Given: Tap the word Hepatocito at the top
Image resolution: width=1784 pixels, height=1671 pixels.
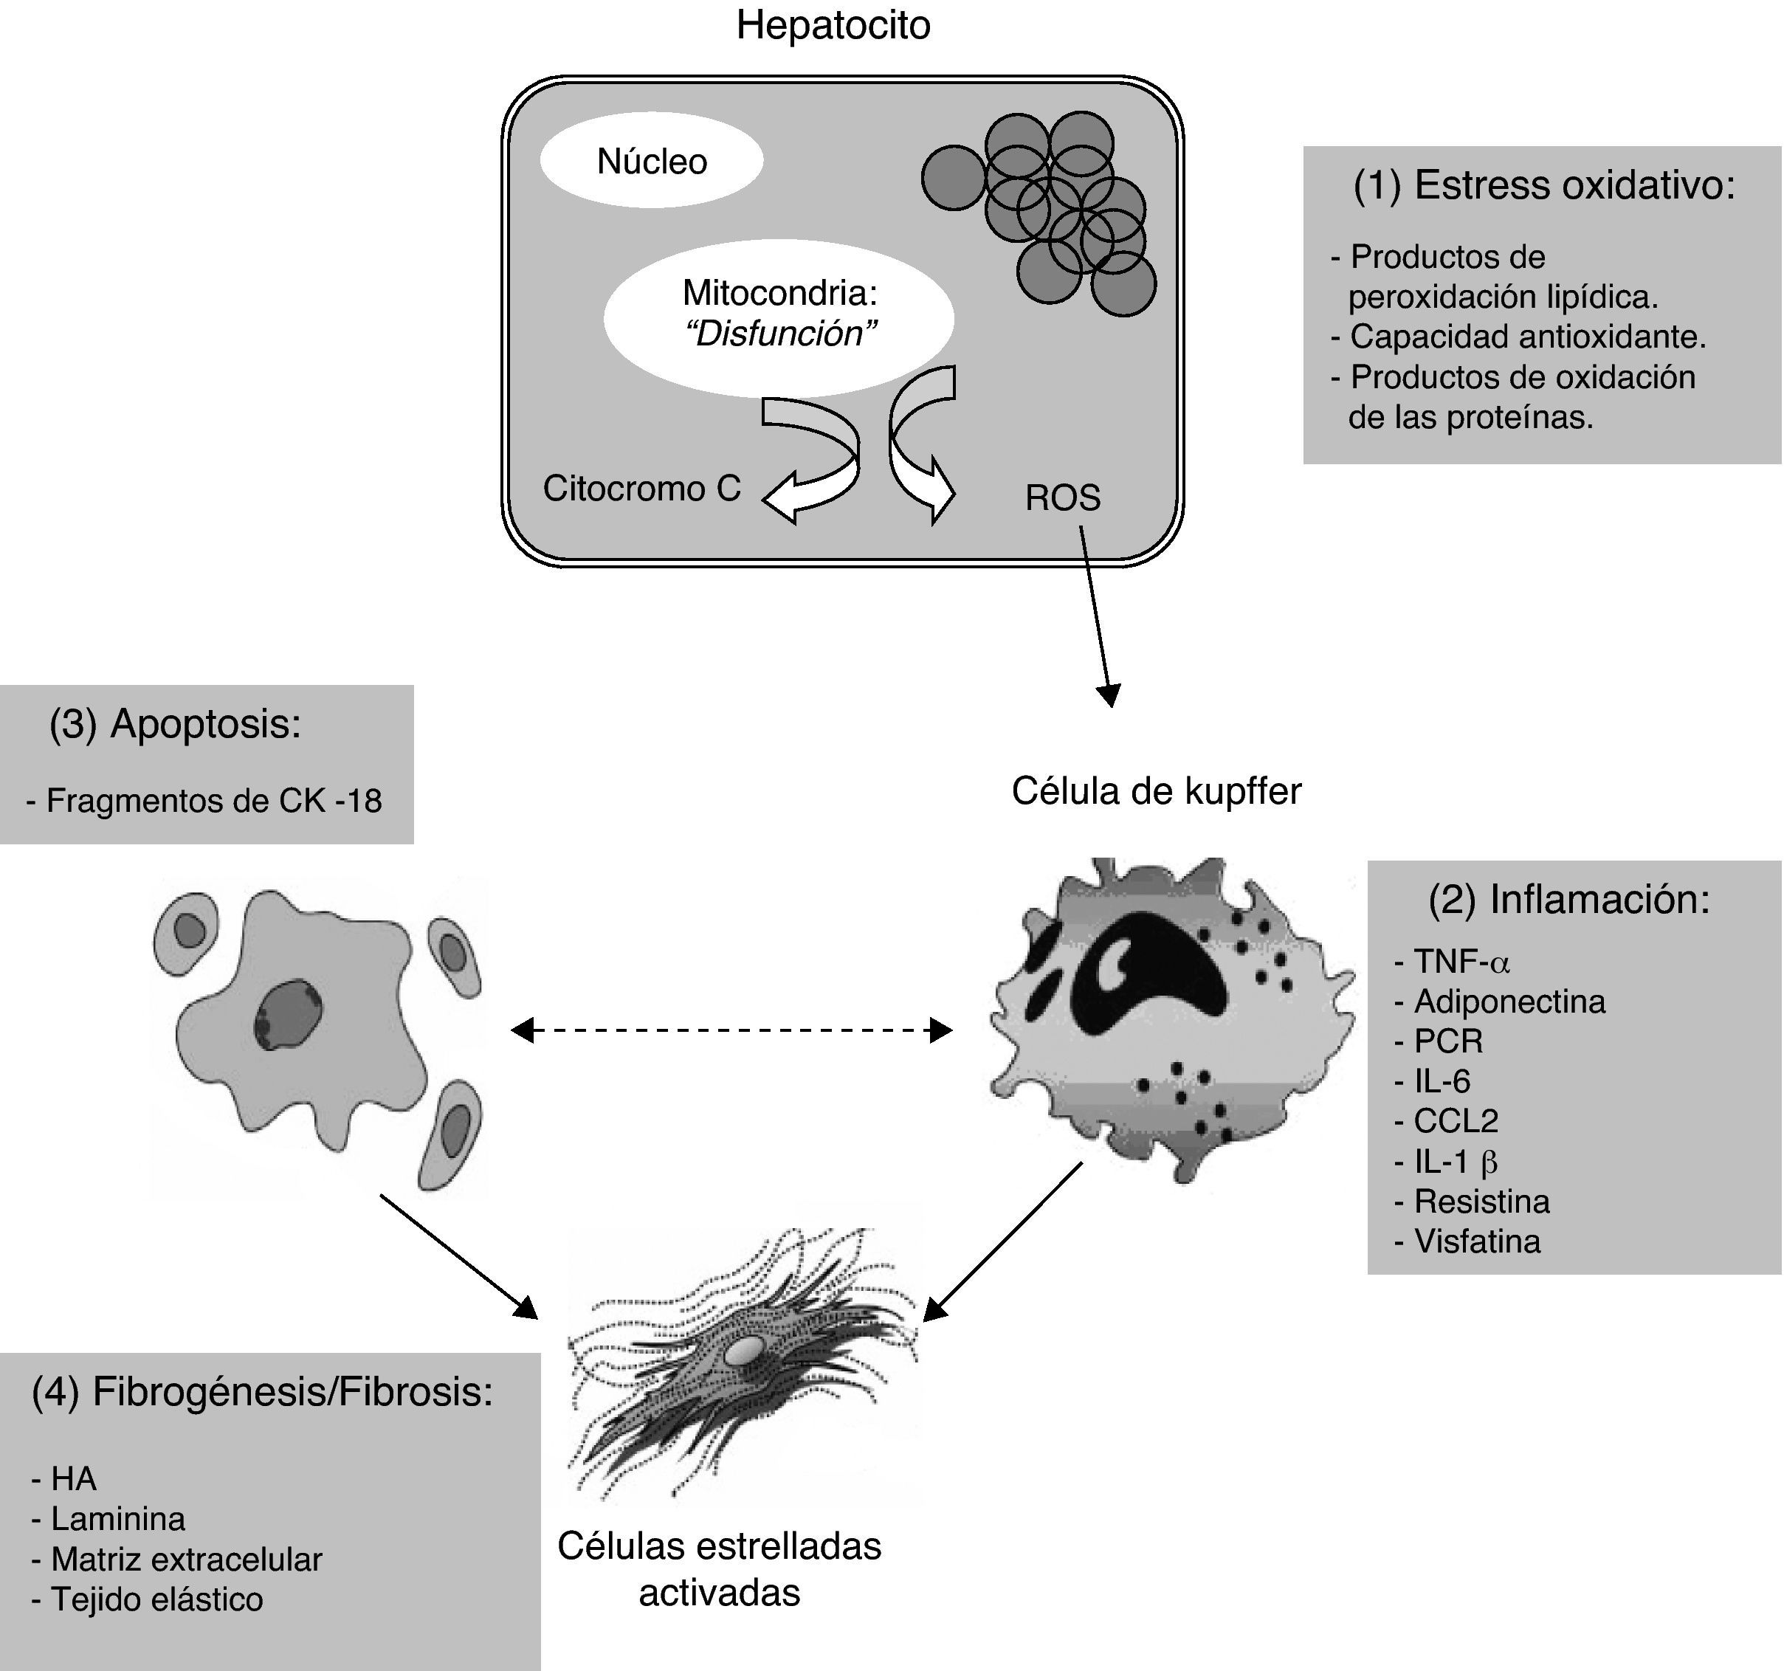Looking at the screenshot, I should pos(833,25).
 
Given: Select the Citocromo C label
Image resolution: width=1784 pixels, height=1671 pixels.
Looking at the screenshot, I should pos(641,488).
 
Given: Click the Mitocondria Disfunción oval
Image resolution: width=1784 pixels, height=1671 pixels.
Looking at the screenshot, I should pos(779,314).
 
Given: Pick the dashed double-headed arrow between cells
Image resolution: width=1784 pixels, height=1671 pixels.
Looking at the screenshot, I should pos(731,1030).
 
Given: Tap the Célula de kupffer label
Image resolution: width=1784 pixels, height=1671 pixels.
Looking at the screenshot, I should pos(1156,790).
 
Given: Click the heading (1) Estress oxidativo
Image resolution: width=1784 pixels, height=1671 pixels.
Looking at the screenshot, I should pos(1543,185).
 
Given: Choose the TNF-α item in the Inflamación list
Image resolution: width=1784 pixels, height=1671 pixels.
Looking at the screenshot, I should pos(1461,962).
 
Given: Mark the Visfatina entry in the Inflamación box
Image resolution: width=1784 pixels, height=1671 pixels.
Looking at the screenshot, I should pos(1476,1241).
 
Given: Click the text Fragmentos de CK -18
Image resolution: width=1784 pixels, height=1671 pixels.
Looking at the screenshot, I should pos(213,799).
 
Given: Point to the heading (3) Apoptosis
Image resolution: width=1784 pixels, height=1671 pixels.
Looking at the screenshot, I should pos(175,723).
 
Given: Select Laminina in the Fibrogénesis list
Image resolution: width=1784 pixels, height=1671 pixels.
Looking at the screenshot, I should pos(117,1518).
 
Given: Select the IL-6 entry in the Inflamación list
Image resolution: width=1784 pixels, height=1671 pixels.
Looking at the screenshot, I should pos(1442,1081).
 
